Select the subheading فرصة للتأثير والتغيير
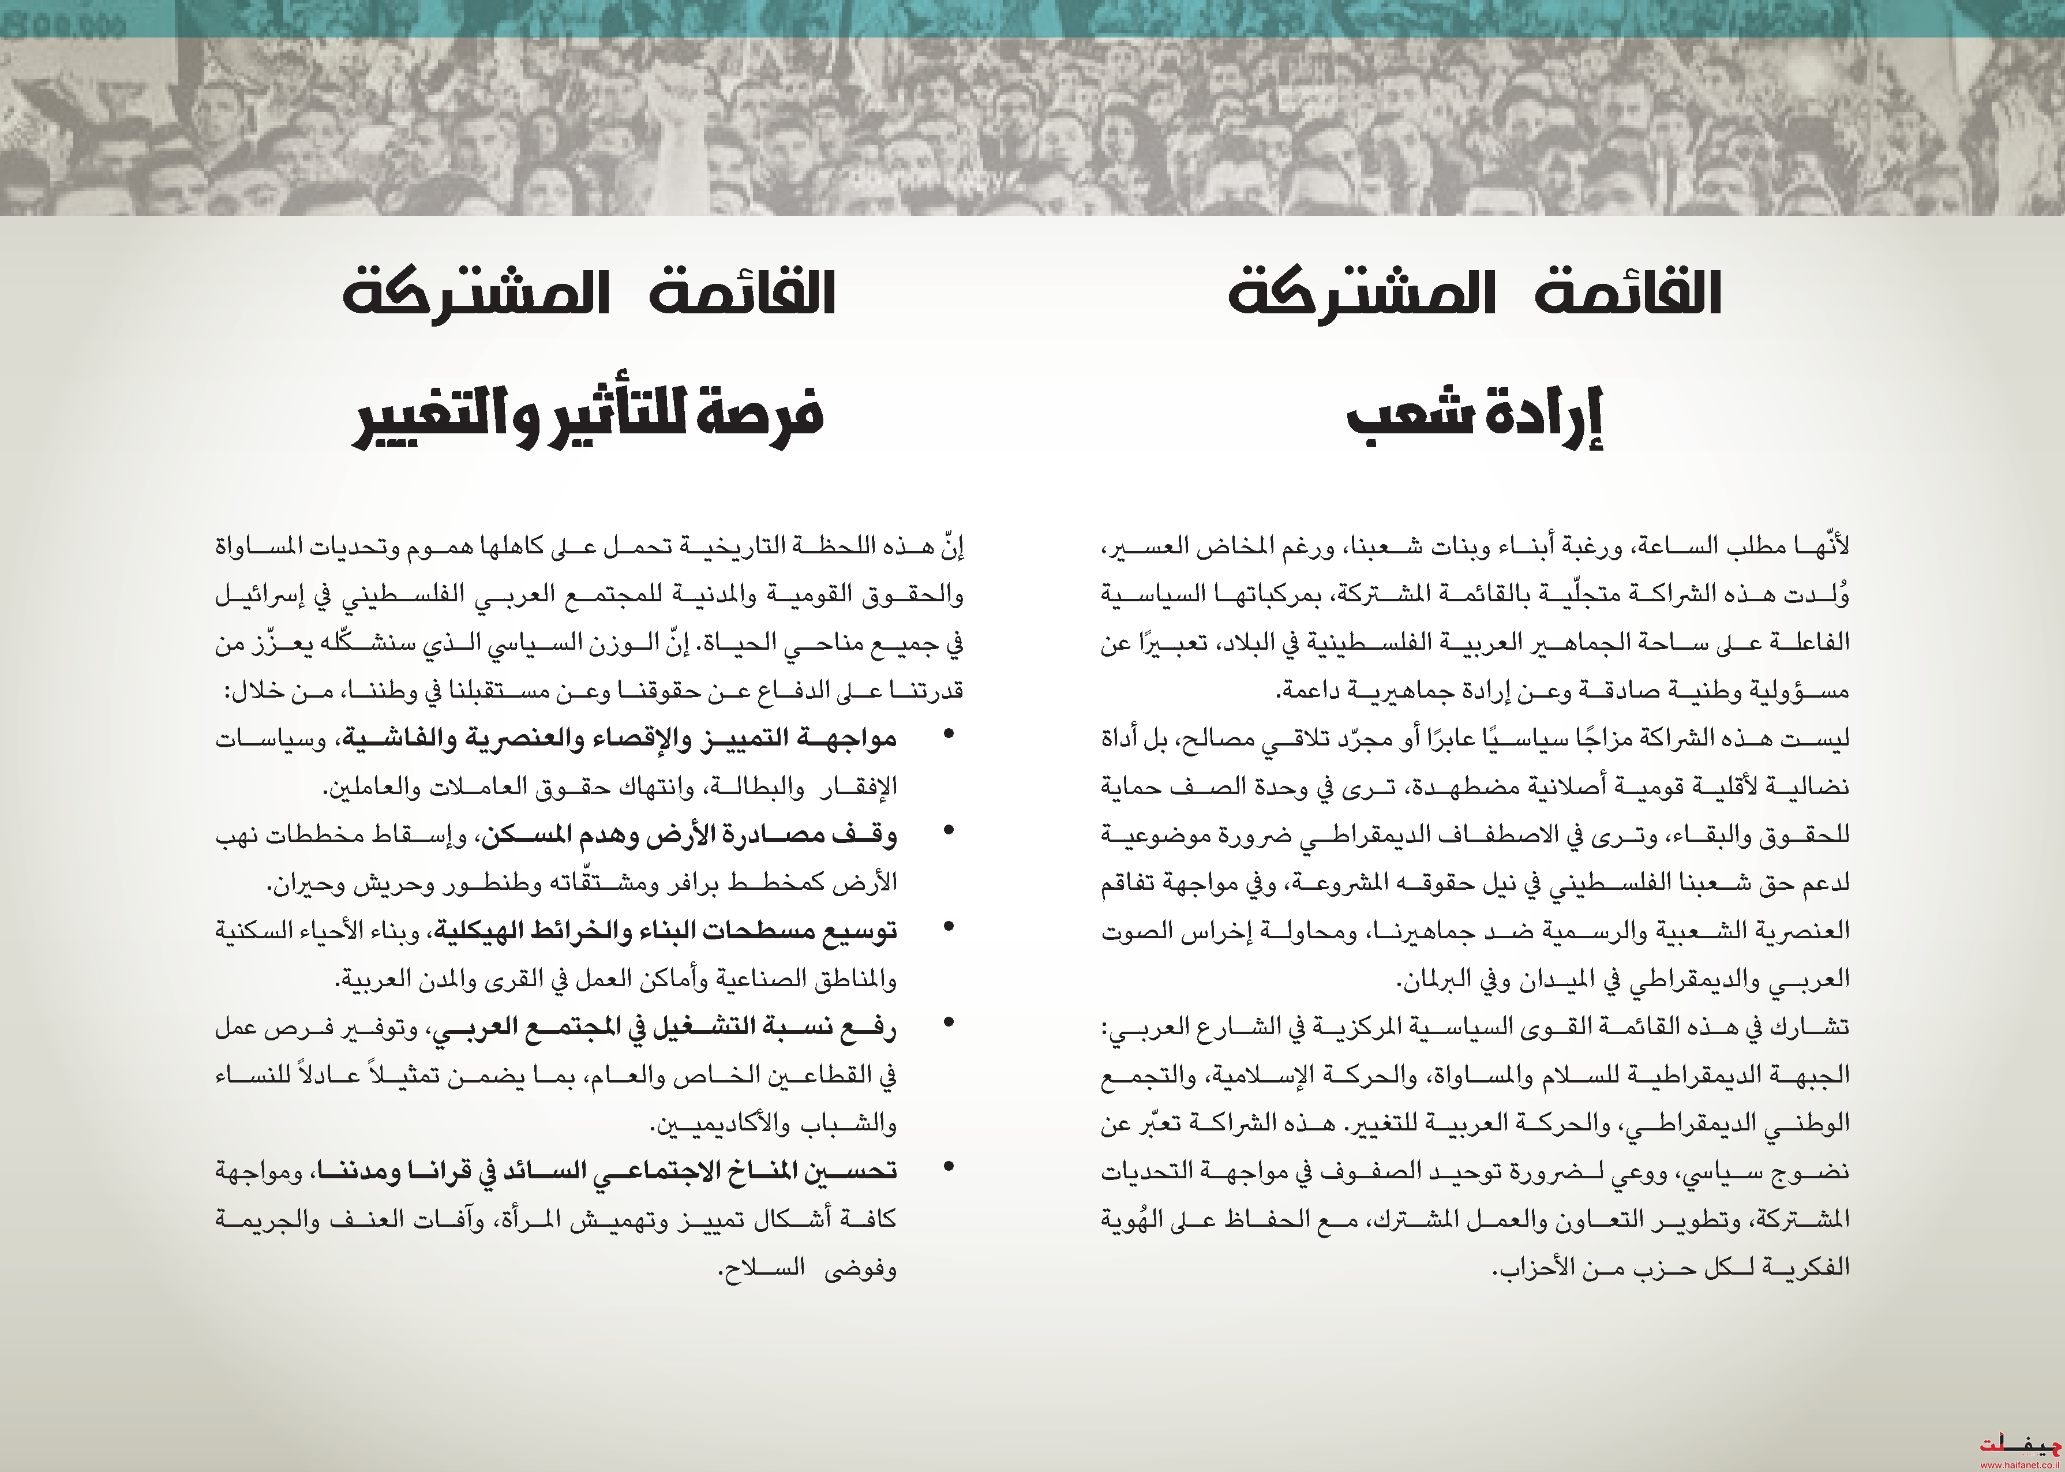pos(587,418)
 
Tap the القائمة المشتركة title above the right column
pos(1474,293)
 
